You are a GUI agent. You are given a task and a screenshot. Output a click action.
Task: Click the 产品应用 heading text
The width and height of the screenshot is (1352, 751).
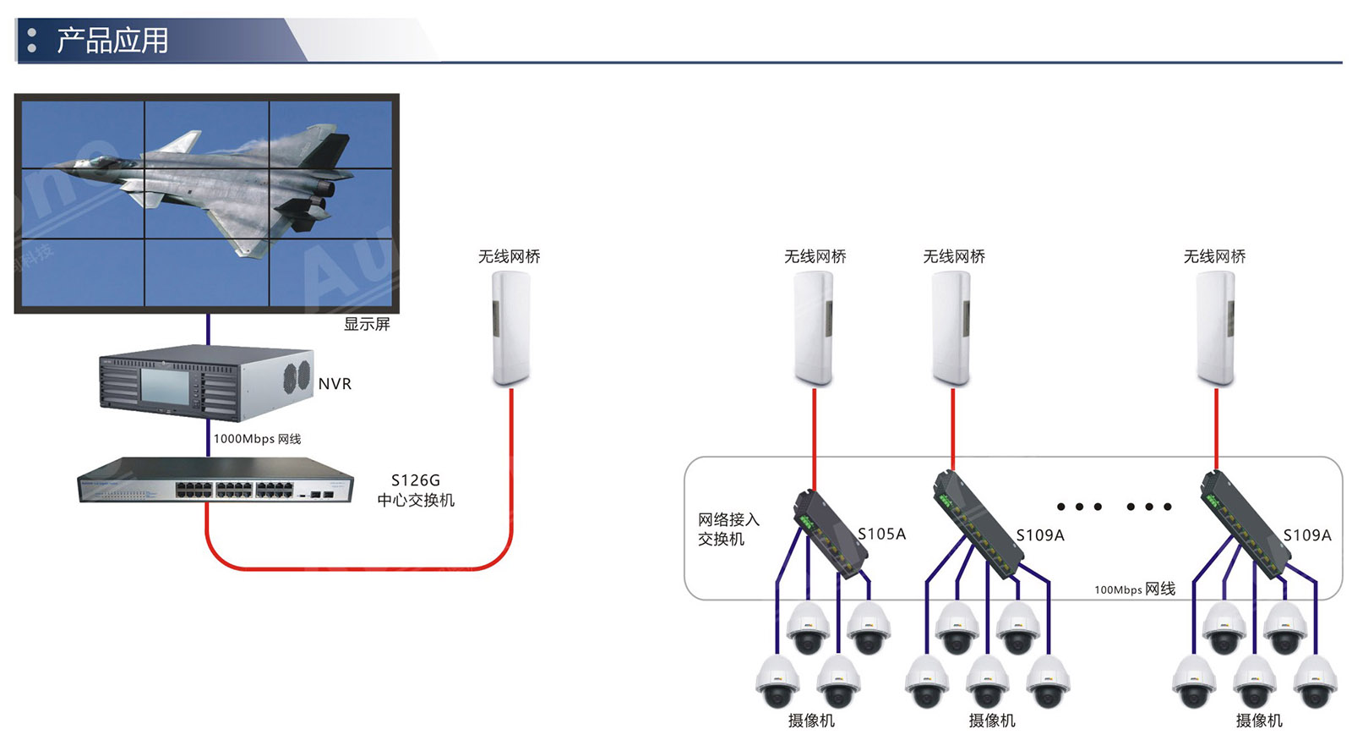pyautogui.click(x=112, y=40)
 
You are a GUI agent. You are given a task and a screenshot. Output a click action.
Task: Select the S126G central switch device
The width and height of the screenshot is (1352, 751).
pyautogui.click(x=215, y=480)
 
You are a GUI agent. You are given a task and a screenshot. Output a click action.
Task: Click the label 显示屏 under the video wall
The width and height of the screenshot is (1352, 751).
pyautogui.click(x=367, y=324)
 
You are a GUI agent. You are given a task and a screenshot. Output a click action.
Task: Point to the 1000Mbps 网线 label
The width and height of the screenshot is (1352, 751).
pyautogui.click(x=257, y=439)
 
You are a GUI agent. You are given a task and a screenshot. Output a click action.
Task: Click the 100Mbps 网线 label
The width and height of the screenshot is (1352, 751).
pyautogui.click(x=1135, y=589)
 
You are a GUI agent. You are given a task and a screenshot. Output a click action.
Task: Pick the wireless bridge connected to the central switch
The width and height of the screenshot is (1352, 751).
pyautogui.click(x=511, y=328)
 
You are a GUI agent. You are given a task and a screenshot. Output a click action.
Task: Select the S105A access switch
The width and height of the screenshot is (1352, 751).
pyautogui.click(x=831, y=533)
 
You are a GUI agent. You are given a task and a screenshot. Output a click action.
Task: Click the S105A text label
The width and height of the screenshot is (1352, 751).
pyautogui.click(x=881, y=534)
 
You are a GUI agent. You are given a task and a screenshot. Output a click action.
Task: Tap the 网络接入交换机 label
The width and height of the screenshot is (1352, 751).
pyautogui.click(x=728, y=529)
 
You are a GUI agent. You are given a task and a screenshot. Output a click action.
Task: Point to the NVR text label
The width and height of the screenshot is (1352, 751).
pyautogui.click(x=335, y=384)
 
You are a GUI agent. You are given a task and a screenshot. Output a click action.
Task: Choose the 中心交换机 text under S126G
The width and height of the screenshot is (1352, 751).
pyautogui.click(x=416, y=501)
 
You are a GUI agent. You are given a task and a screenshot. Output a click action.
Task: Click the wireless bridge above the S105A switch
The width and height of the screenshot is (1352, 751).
pyautogui.click(x=814, y=328)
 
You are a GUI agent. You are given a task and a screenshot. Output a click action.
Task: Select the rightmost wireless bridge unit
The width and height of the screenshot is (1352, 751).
pyautogui.click(x=1216, y=328)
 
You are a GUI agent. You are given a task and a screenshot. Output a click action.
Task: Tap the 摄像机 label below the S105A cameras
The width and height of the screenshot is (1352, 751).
pyautogui.click(x=811, y=721)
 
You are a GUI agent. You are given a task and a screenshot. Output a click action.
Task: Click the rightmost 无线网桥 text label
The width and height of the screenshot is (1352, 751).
pyautogui.click(x=1214, y=256)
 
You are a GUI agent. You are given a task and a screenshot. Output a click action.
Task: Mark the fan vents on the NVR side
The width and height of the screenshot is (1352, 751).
pyautogui.click(x=297, y=375)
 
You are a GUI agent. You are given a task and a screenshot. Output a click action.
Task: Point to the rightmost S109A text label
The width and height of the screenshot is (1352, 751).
pyautogui.click(x=1307, y=535)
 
